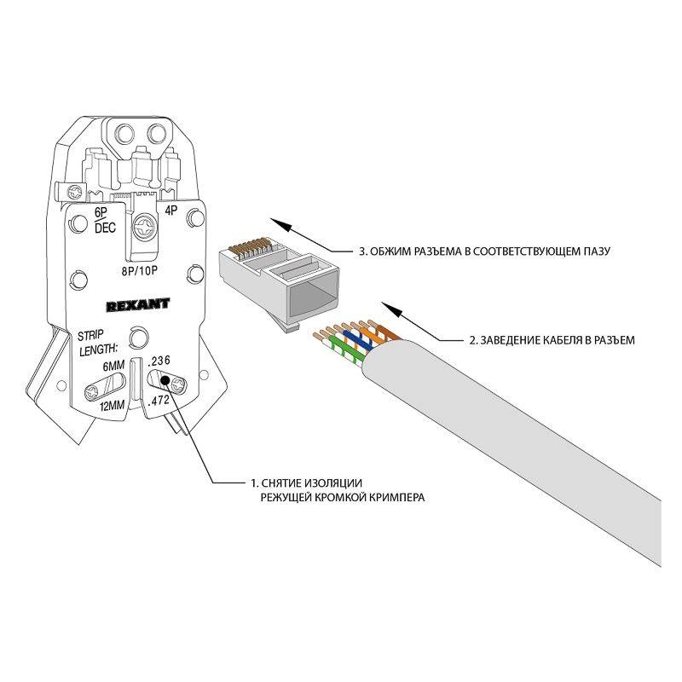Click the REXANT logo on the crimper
coord(138,304)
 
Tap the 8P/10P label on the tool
coord(139,270)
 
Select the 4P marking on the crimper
coord(171,210)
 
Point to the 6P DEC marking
coord(104,220)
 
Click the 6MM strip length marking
coord(113,366)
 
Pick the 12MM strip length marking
coord(113,407)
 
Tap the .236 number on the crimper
coord(159,361)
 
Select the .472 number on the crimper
coord(159,401)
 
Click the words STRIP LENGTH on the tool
coord(96,343)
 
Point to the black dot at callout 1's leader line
coord(165,381)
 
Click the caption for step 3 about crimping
coord(484,251)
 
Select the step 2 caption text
coord(552,339)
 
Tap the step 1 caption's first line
coord(307,483)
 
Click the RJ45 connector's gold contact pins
coord(250,246)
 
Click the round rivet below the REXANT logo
coord(138,337)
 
